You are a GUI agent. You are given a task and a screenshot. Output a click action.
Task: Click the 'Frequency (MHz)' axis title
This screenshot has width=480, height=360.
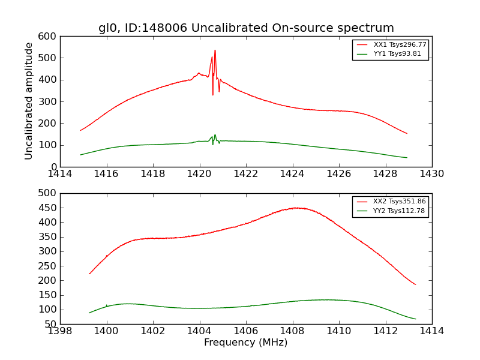coord(246,343)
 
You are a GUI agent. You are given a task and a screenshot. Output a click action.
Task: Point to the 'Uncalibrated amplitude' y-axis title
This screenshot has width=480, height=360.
coord(29,101)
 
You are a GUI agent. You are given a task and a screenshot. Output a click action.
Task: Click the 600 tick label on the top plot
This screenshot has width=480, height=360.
coord(49,37)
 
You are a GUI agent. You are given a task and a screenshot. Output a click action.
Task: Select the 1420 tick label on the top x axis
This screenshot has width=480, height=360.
coord(199,174)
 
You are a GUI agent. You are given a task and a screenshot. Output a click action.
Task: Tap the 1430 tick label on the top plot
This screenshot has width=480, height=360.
coord(431,174)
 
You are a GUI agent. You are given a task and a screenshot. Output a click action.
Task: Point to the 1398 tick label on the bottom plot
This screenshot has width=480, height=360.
coord(61,331)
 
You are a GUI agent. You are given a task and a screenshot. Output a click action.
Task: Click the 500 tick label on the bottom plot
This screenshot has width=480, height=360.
coord(49,193)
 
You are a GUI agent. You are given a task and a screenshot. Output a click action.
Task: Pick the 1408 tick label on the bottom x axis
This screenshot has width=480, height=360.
coord(292,331)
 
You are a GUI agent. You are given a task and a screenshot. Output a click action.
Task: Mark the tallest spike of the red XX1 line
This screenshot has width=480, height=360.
coord(215,51)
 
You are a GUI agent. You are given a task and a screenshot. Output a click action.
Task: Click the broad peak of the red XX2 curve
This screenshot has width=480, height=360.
coord(296,208)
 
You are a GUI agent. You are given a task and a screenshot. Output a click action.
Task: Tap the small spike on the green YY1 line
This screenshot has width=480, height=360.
coord(215,135)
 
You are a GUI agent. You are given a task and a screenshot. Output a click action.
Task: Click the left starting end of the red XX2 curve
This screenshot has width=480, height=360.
coord(89,274)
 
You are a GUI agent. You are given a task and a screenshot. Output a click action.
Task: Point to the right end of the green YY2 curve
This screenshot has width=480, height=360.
coord(415,319)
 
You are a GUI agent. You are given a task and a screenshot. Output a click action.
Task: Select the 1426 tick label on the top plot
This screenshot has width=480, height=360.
coord(338,174)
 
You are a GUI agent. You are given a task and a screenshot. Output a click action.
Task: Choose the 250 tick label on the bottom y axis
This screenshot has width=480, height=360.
coord(49,266)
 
